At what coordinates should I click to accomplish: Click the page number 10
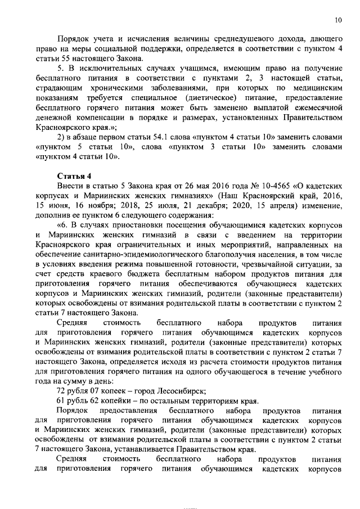338,20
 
